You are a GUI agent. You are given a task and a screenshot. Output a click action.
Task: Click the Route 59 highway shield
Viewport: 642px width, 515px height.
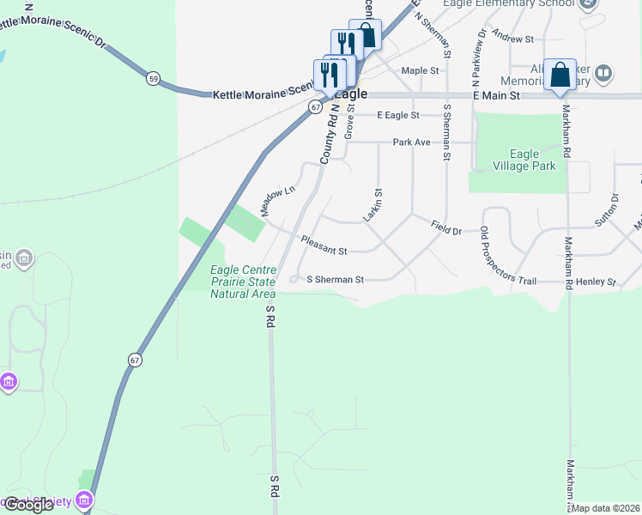click(153, 78)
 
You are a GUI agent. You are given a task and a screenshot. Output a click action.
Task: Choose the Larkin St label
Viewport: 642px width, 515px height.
click(372, 206)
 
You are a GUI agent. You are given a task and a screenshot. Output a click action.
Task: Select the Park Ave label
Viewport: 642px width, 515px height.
click(411, 142)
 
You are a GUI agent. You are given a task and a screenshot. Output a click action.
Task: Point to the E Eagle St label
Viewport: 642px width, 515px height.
click(398, 115)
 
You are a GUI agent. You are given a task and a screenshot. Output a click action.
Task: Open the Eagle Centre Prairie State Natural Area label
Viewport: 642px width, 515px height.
click(244, 282)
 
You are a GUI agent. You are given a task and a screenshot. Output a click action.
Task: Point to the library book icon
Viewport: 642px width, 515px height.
click(603, 73)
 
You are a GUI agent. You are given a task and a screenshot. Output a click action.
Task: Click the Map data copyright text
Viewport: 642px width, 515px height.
click(605, 508)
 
